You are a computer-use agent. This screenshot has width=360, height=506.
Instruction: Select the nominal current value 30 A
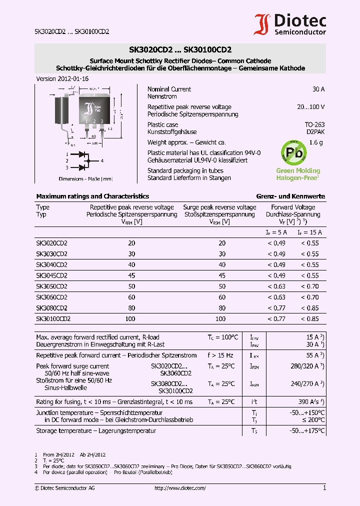pyautogui.click(x=318, y=89)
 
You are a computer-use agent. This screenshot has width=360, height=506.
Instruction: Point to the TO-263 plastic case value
pyautogui.click(x=314, y=125)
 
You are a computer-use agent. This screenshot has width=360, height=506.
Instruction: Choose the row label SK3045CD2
pyautogui.click(x=51, y=275)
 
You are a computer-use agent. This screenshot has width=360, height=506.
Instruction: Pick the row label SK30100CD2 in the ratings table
pyautogui.click(x=53, y=318)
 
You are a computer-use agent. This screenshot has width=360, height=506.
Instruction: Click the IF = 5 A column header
pyautogui.click(x=276, y=232)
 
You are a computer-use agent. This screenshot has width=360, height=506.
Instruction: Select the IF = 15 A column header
pyautogui.click(x=310, y=232)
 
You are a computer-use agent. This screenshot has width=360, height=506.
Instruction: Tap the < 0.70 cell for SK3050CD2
pyautogui.click(x=309, y=286)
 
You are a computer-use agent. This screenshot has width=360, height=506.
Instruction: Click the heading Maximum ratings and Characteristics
pyautogui.click(x=92, y=196)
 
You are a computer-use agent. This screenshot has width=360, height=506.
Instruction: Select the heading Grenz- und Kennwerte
pyautogui.click(x=290, y=196)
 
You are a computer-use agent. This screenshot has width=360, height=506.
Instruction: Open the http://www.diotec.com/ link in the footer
pyautogui.click(x=180, y=488)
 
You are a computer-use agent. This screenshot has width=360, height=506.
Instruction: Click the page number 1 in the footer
pyautogui.click(x=324, y=488)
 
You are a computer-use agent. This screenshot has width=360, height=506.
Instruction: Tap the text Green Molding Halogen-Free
pyautogui.click(x=298, y=174)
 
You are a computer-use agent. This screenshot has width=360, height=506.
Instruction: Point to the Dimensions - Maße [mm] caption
pyautogui.click(x=86, y=178)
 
